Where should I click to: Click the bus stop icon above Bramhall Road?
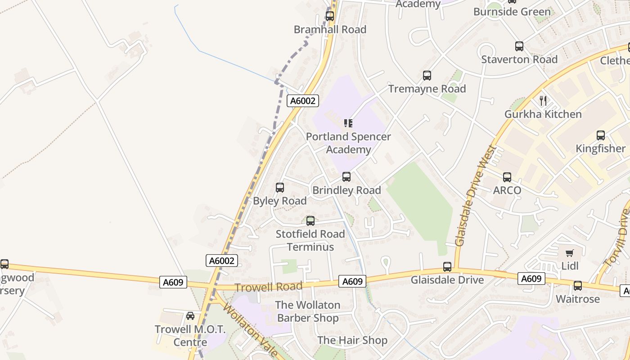point(330,16)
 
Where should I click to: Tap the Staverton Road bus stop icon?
point(519,46)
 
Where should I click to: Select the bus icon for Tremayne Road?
point(427,76)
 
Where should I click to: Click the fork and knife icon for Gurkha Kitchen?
point(543,101)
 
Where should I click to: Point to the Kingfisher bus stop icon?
point(600,135)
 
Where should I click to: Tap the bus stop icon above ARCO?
point(507,177)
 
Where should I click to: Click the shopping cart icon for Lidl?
point(570,253)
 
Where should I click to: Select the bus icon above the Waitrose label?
point(577,286)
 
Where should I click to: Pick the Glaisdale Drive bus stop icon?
point(447,267)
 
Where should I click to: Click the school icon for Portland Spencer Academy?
point(348,123)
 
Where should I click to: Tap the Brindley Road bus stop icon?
point(346,177)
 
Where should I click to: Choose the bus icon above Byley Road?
point(280,188)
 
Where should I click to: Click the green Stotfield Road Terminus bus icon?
point(310,221)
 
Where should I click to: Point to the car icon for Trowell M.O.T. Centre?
point(190,316)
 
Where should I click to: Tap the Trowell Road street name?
point(269,287)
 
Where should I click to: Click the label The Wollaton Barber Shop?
point(308,311)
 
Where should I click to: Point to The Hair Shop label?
point(352,340)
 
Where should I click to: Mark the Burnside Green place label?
point(512,12)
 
